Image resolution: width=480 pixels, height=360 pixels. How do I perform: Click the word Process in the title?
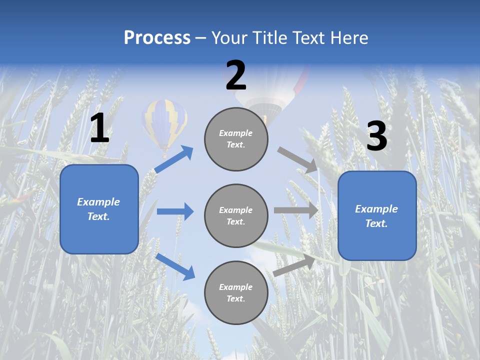pyautogui.click(x=157, y=38)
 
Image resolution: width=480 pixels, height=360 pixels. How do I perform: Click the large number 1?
pyautogui.click(x=99, y=128)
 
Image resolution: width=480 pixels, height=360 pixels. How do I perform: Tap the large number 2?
pyautogui.click(x=236, y=76)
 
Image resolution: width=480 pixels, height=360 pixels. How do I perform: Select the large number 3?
pyautogui.click(x=376, y=137)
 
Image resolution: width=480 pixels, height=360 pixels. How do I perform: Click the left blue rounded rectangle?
pyautogui.click(x=99, y=209)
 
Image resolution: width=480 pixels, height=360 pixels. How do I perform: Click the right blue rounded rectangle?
pyautogui.click(x=377, y=215)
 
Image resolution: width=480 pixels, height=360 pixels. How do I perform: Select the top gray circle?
pyautogui.click(x=236, y=139)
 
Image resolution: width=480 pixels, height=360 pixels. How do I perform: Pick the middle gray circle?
pyautogui.click(x=236, y=215)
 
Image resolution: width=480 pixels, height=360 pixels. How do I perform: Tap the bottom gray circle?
pyautogui.click(x=236, y=292)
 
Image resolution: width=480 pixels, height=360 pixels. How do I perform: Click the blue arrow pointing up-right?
pyautogui.click(x=174, y=159)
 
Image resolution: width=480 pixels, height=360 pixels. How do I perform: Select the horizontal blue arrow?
pyautogui.click(x=175, y=211)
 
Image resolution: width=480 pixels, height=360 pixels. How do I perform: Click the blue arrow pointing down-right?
pyautogui.click(x=175, y=266)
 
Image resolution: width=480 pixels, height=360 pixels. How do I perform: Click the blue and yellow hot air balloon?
pyautogui.click(x=164, y=122)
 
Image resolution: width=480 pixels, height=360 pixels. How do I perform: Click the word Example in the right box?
pyautogui.click(x=376, y=209)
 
